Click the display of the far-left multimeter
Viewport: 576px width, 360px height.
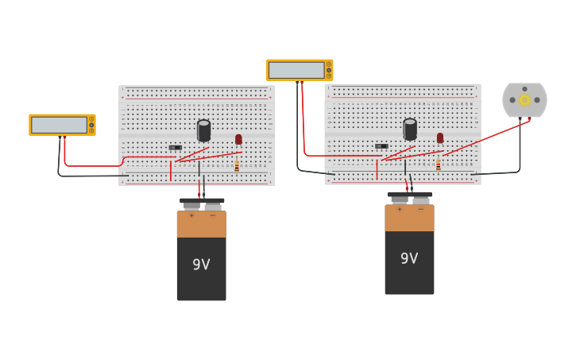point(59,125)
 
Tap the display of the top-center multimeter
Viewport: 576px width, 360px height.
point(296,70)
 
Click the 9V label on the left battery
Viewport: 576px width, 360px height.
point(201,265)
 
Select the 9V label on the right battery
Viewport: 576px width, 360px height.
point(409,258)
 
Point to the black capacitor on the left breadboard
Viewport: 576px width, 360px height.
point(203,130)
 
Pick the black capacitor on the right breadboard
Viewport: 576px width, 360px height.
point(410,129)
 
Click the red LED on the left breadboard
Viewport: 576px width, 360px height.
point(238,139)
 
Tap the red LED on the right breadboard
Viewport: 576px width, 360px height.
point(440,137)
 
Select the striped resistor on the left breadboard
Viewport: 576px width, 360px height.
point(237,166)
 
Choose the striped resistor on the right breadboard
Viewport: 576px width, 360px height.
point(438,165)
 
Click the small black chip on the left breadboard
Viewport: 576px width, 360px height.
point(176,148)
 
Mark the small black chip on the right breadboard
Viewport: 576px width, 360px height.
point(381,146)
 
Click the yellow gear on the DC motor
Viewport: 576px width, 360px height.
point(524,100)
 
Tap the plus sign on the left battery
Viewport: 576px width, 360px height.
point(191,215)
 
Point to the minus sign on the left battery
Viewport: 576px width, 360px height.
point(212,215)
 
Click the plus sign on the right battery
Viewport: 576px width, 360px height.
point(400,209)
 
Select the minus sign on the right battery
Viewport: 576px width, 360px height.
point(420,209)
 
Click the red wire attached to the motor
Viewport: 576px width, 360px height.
point(485,137)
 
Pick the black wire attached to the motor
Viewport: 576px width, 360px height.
point(520,151)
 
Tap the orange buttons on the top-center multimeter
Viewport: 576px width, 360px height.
point(328,70)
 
